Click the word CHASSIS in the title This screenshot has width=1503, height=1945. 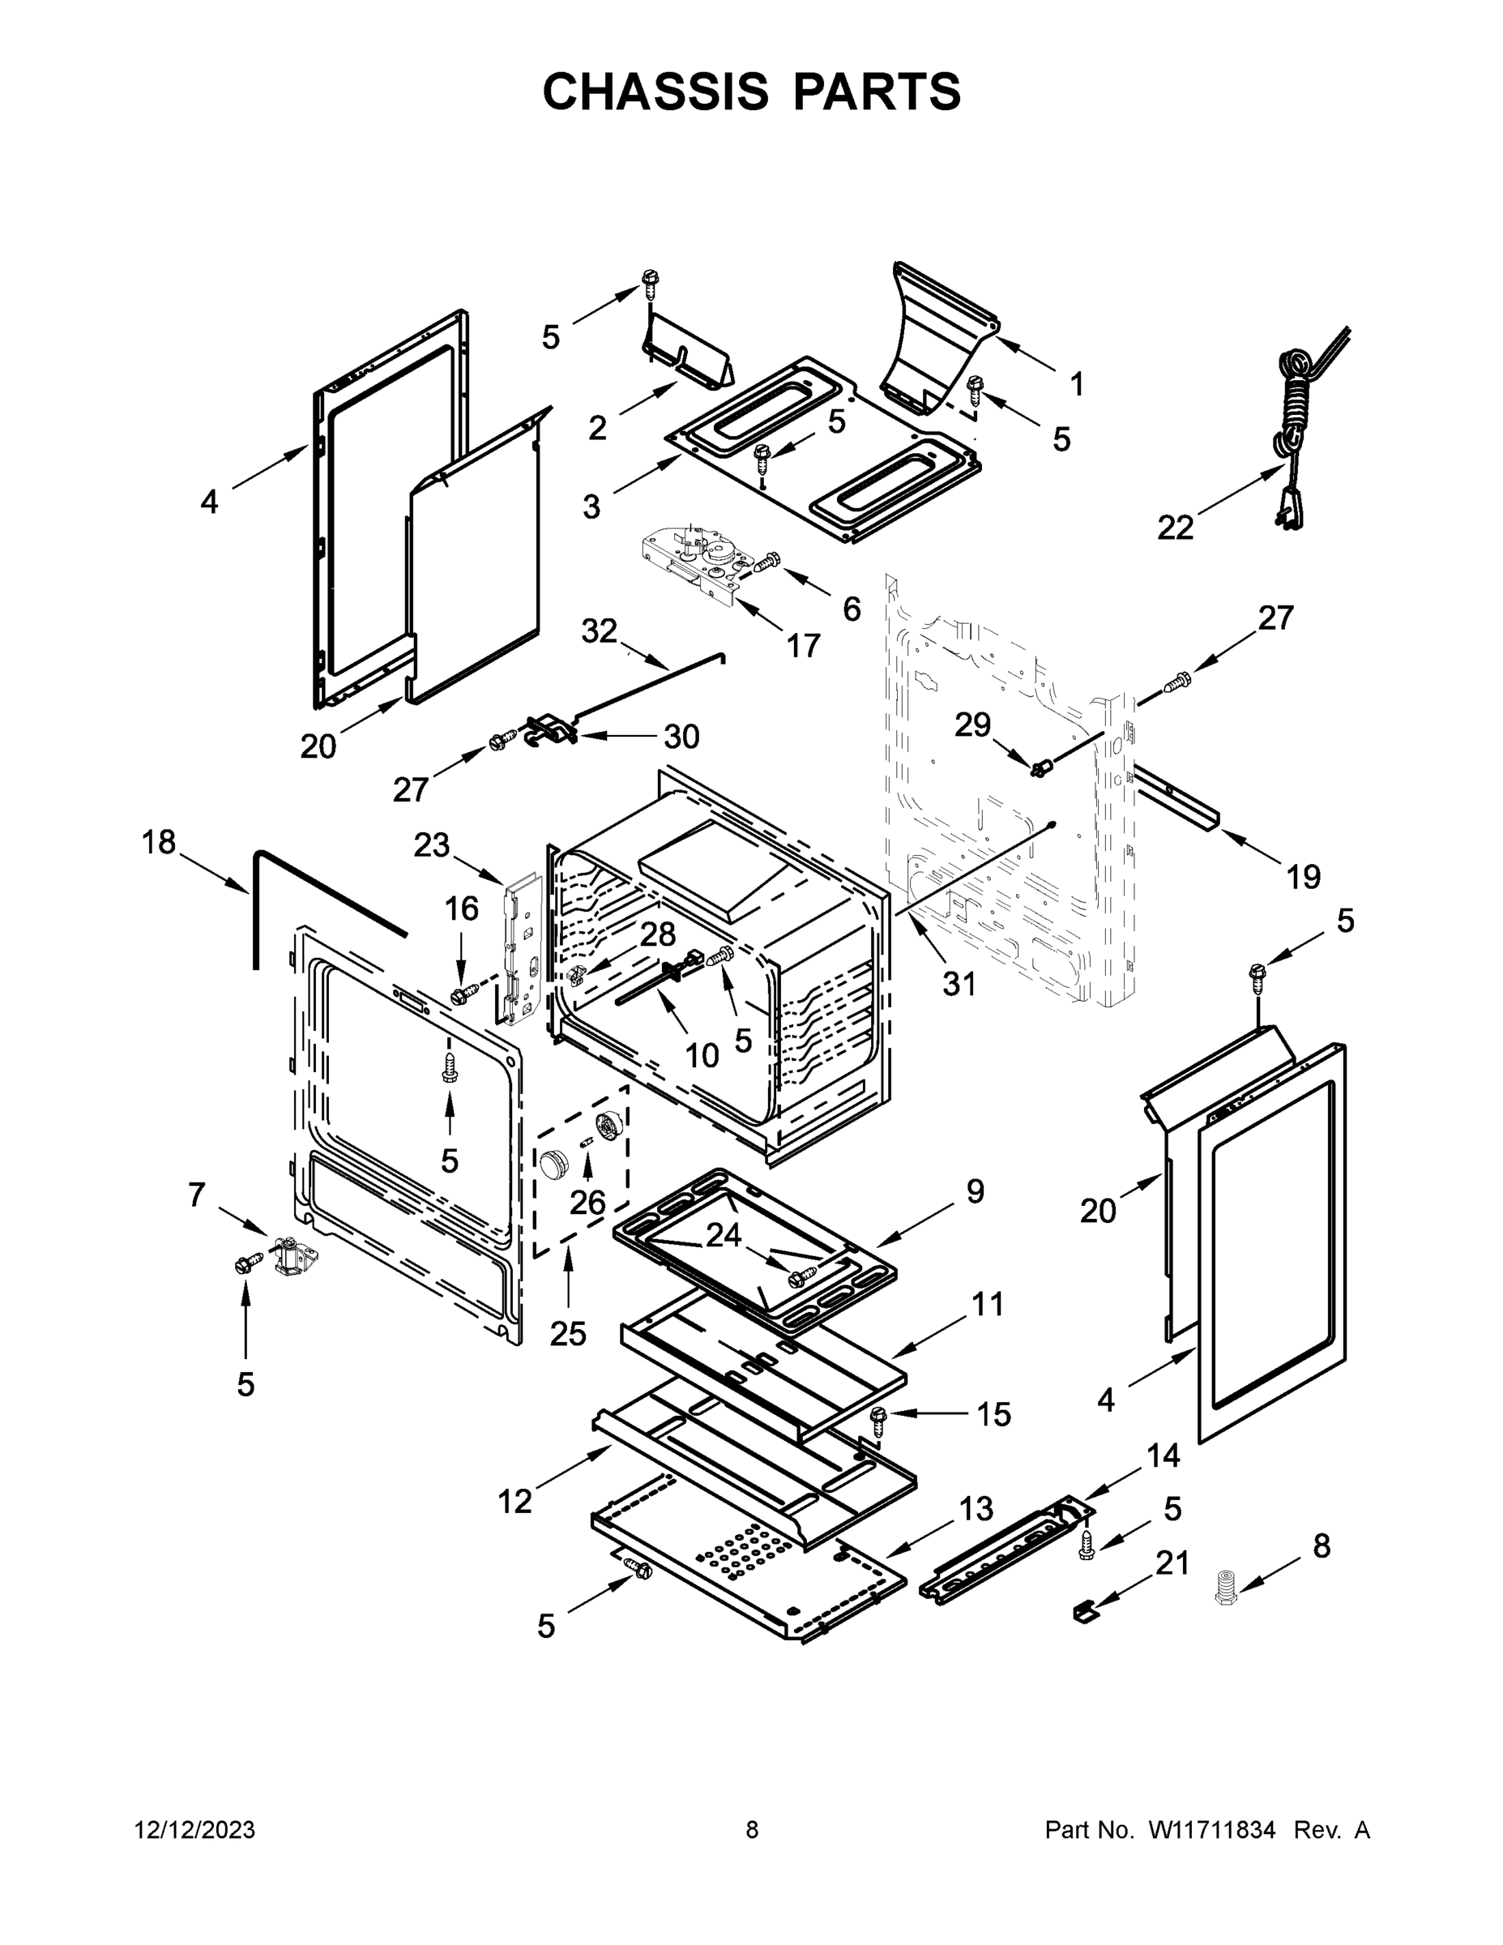pyautogui.click(x=655, y=92)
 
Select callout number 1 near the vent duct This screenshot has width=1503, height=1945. pyautogui.click(x=1077, y=385)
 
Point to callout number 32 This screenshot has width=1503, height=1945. pyautogui.click(x=600, y=631)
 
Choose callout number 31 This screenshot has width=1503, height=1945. pyautogui.click(x=959, y=984)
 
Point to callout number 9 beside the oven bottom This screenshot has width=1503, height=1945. pyautogui.click(x=975, y=1191)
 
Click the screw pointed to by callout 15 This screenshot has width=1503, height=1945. pyautogui.click(x=877, y=1420)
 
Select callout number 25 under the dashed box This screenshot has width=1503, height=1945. pyautogui.click(x=567, y=1358)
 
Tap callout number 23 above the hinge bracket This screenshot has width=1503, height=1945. pyautogui.click(x=432, y=844)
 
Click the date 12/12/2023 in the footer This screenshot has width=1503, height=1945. pyautogui.click(x=194, y=1829)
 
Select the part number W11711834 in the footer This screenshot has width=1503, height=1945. pyautogui.click(x=1212, y=1829)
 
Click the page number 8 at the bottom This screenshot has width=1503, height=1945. pyautogui.click(x=752, y=1829)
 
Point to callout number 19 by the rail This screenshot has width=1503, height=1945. pyautogui.click(x=1304, y=876)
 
